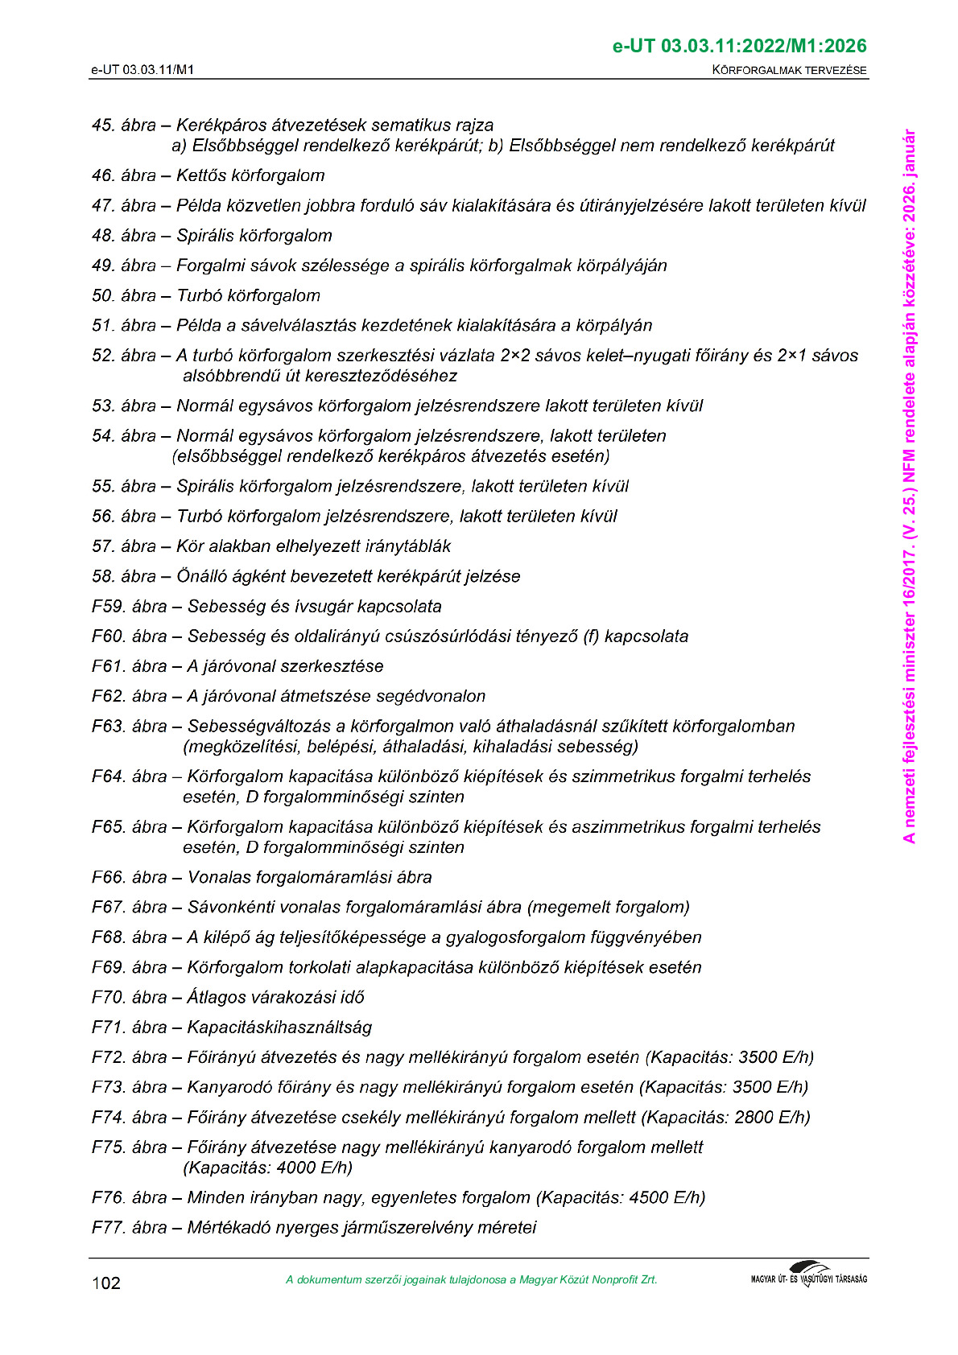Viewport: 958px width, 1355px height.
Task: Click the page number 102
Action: pyautogui.click(x=105, y=1283)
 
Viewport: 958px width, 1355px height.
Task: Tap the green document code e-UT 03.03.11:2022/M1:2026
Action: pyautogui.click(x=739, y=46)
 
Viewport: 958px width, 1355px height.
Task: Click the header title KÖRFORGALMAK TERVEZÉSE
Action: pyautogui.click(x=789, y=70)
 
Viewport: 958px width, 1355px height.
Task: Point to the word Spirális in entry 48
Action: pyautogui.click(x=205, y=236)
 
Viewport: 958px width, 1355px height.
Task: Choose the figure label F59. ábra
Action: pyautogui.click(x=130, y=606)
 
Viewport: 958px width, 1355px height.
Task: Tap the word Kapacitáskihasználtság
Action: pyautogui.click(x=279, y=1027)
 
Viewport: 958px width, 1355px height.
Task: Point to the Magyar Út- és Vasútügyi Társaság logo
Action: pyautogui.click(x=808, y=1275)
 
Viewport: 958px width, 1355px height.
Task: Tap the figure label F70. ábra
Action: pyautogui.click(x=130, y=997)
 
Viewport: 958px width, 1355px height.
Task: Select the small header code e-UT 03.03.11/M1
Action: pyautogui.click(x=142, y=70)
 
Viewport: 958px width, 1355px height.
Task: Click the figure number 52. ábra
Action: pyautogui.click(x=124, y=356)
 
